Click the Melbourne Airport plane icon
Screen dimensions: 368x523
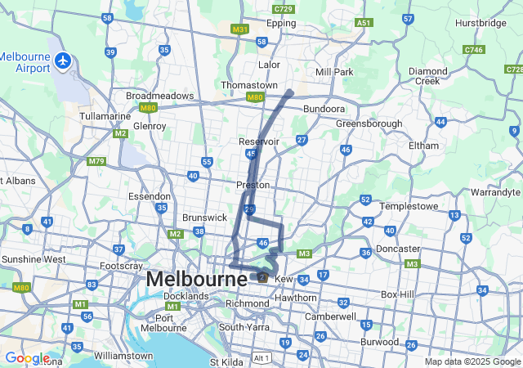(63, 61)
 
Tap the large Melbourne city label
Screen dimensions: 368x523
(196, 279)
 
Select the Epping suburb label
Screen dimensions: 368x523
(281, 23)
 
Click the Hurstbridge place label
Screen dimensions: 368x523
(481, 23)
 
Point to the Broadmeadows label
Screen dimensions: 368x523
(160, 96)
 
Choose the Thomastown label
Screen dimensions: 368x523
(249, 85)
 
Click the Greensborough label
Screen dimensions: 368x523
(369, 123)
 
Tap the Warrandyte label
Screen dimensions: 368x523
(496, 192)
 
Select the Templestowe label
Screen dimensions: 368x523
(410, 206)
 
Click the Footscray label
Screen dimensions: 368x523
(122, 266)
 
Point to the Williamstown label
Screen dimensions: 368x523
(123, 356)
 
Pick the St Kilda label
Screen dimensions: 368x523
(226, 361)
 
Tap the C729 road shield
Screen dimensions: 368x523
(284, 9)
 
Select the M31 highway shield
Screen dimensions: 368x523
(239, 29)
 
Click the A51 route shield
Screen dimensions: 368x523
(364, 23)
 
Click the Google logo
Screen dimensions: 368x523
(27, 358)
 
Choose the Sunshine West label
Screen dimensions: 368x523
(34, 259)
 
